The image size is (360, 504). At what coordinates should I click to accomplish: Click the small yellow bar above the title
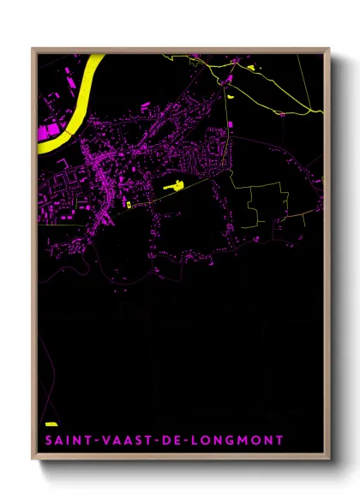(51, 424)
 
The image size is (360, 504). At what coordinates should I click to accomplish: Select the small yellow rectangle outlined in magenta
(128, 205)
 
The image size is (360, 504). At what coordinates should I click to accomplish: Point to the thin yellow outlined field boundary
(266, 206)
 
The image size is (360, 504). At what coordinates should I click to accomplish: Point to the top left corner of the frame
(33, 49)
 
